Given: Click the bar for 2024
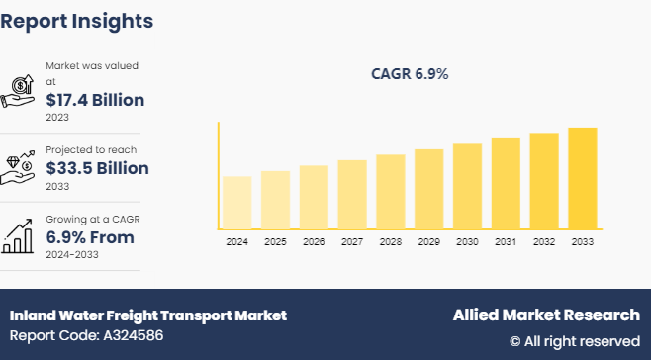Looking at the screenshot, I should (x=237, y=203).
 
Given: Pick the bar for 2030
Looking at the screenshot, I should (x=467, y=186).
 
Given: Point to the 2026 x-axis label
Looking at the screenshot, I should (x=314, y=242).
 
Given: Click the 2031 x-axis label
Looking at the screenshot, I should (x=506, y=242).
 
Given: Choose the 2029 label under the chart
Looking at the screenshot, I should (x=428, y=242).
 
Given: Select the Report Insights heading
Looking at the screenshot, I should (x=77, y=20).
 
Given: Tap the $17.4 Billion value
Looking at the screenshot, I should (x=95, y=100).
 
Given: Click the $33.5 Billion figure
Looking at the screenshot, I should (x=97, y=168).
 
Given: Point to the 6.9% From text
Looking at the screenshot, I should (x=90, y=237).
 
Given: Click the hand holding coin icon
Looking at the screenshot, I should (x=20, y=89).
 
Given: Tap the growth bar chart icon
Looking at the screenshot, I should (x=20, y=234).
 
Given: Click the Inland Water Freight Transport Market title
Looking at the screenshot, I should (x=148, y=315).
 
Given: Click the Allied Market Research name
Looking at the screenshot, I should (x=546, y=315).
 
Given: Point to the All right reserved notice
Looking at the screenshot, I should (x=575, y=341).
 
